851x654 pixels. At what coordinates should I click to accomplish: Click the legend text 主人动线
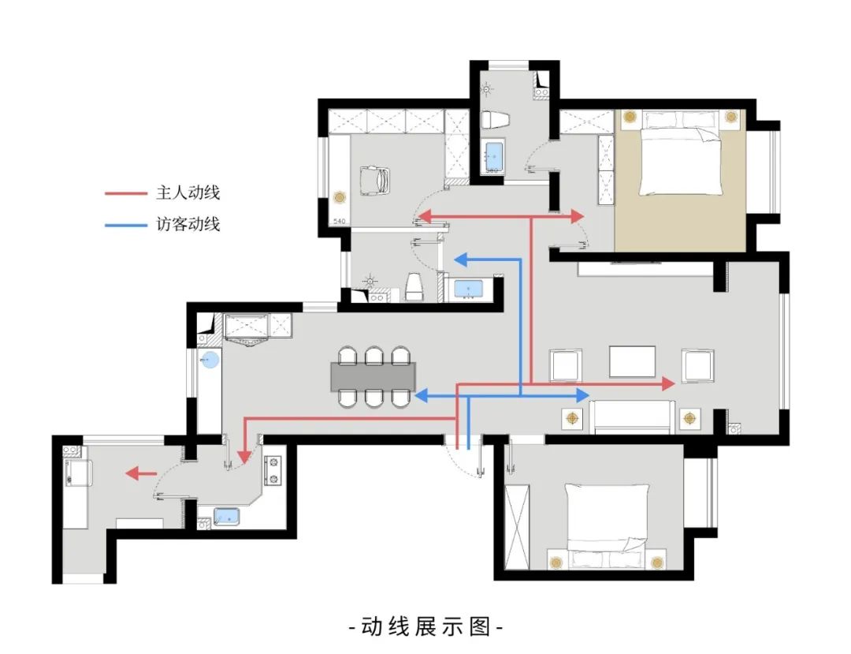click(188, 192)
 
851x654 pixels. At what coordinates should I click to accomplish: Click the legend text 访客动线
click(188, 225)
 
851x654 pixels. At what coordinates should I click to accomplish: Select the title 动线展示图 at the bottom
click(425, 627)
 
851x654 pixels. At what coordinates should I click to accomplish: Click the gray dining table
click(374, 377)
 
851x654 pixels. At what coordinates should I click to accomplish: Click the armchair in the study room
click(374, 181)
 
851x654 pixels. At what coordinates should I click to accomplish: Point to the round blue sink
click(210, 361)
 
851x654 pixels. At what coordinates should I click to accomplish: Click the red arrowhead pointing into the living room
click(667, 384)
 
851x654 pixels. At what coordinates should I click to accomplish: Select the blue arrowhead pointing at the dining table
click(422, 396)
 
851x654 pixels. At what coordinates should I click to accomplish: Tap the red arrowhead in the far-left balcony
click(133, 473)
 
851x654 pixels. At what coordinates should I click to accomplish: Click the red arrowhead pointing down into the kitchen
click(244, 456)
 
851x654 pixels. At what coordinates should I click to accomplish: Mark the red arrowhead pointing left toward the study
click(423, 215)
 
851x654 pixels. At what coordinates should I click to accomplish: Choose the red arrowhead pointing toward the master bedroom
click(577, 215)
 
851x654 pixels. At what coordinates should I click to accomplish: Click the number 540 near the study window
click(340, 222)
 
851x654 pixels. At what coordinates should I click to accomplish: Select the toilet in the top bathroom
click(495, 120)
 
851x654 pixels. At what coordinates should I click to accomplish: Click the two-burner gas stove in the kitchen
click(274, 470)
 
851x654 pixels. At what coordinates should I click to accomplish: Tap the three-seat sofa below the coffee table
click(634, 416)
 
